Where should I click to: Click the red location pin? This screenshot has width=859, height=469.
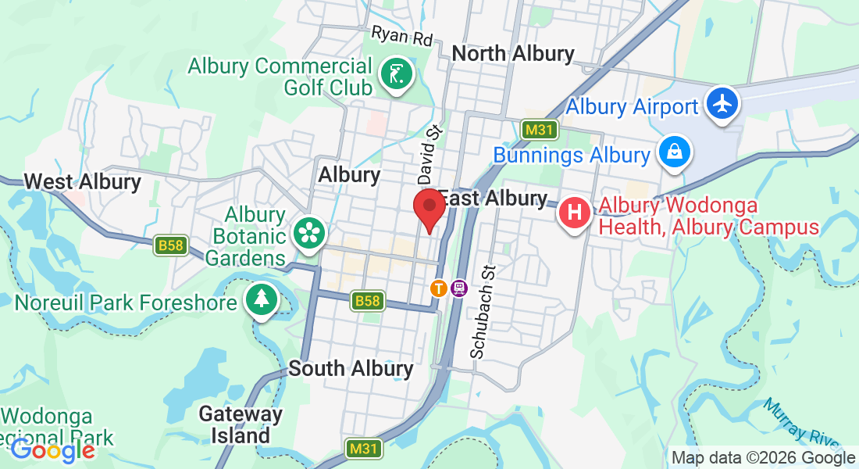coord(429,209)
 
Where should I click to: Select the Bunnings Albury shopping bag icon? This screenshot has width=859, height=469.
coord(673,152)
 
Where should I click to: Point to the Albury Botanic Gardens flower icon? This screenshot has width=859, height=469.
coord(308,233)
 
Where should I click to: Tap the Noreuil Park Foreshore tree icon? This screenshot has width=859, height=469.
coord(261,299)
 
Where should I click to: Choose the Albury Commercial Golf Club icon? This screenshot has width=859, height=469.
coord(395,76)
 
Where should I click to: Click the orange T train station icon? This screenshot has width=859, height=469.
coord(439,288)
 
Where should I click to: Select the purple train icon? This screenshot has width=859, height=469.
coord(458,288)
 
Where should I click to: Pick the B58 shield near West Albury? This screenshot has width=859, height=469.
coord(170,246)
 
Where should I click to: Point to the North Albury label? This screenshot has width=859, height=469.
coord(513,54)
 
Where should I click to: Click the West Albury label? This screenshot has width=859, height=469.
coord(82,182)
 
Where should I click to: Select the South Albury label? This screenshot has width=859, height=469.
coord(351,368)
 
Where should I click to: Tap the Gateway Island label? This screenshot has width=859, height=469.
coord(240,424)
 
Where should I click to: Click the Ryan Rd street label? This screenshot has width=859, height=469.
coord(401,36)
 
